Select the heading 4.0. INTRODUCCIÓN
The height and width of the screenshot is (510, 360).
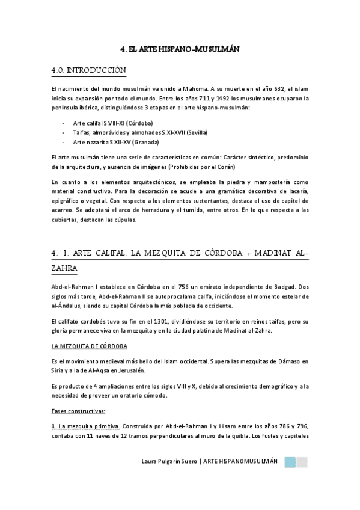[x=89, y=71]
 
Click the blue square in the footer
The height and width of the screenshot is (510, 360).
[x=289, y=462]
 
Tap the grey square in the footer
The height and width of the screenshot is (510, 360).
[x=302, y=462]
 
